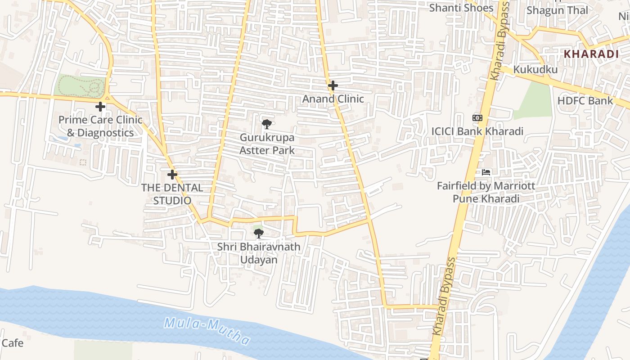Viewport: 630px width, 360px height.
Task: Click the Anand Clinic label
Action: click(x=333, y=99)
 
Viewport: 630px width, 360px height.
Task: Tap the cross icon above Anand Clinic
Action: click(x=333, y=85)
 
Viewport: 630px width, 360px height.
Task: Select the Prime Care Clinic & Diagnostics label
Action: click(x=100, y=126)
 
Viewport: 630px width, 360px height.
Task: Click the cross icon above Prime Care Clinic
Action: click(x=100, y=107)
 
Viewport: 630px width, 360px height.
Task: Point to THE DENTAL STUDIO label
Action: click(x=172, y=194)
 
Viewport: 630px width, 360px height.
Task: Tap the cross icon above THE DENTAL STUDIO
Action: click(x=172, y=175)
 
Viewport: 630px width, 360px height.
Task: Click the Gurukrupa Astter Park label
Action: click(x=267, y=144)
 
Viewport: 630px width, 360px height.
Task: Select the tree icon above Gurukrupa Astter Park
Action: click(x=266, y=124)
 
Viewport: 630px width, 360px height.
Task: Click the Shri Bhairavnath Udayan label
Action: click(x=258, y=253)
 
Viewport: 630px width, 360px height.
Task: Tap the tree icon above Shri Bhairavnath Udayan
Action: click(x=258, y=233)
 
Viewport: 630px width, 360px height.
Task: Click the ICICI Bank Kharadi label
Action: click(x=477, y=131)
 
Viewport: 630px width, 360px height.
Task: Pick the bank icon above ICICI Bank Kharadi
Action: click(x=477, y=118)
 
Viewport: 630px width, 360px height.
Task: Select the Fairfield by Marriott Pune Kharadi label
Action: click(x=486, y=192)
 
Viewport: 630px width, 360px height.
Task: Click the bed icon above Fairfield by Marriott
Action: click(x=486, y=172)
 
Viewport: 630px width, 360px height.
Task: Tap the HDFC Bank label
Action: click(x=585, y=101)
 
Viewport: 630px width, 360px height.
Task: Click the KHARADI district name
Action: click(x=591, y=54)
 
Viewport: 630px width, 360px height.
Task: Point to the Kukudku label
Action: click(x=535, y=69)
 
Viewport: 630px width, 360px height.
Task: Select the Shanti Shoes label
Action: click(x=461, y=8)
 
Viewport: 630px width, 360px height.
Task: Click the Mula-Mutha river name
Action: click(x=207, y=331)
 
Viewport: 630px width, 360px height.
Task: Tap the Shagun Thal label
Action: click(x=557, y=10)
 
